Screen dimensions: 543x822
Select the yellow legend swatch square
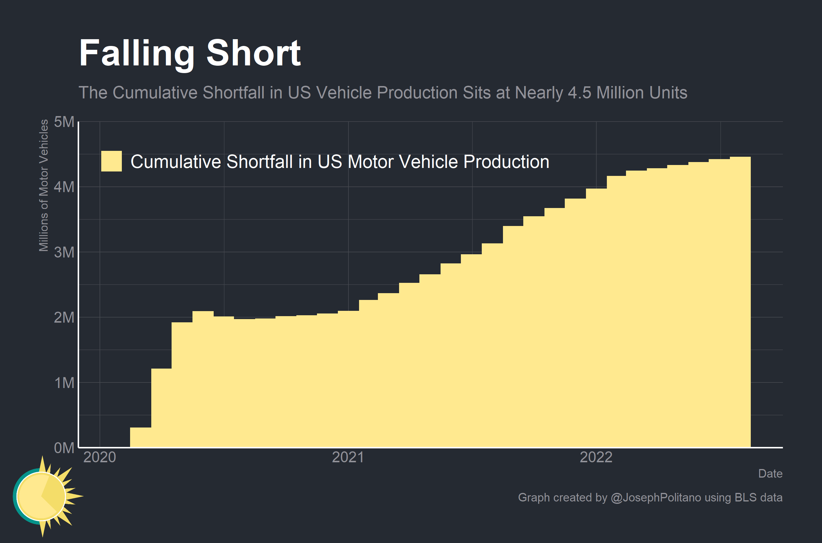(111, 161)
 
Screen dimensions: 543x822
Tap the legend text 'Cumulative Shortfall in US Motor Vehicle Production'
(340, 162)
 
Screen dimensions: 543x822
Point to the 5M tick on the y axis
(64, 122)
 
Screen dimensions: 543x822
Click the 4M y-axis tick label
(64, 187)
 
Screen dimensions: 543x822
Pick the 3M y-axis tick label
(64, 252)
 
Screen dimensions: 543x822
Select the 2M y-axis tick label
(64, 317)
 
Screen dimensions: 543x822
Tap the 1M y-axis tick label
(64, 383)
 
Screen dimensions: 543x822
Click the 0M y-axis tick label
(64, 448)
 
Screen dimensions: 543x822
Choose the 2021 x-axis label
(348, 457)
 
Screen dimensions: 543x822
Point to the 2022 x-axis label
(596, 457)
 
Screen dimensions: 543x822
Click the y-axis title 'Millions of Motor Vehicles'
(44, 185)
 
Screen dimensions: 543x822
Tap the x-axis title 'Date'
(770, 473)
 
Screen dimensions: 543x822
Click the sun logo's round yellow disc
(41, 496)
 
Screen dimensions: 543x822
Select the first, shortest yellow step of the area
(140, 437)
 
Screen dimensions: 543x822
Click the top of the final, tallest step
(740, 157)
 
